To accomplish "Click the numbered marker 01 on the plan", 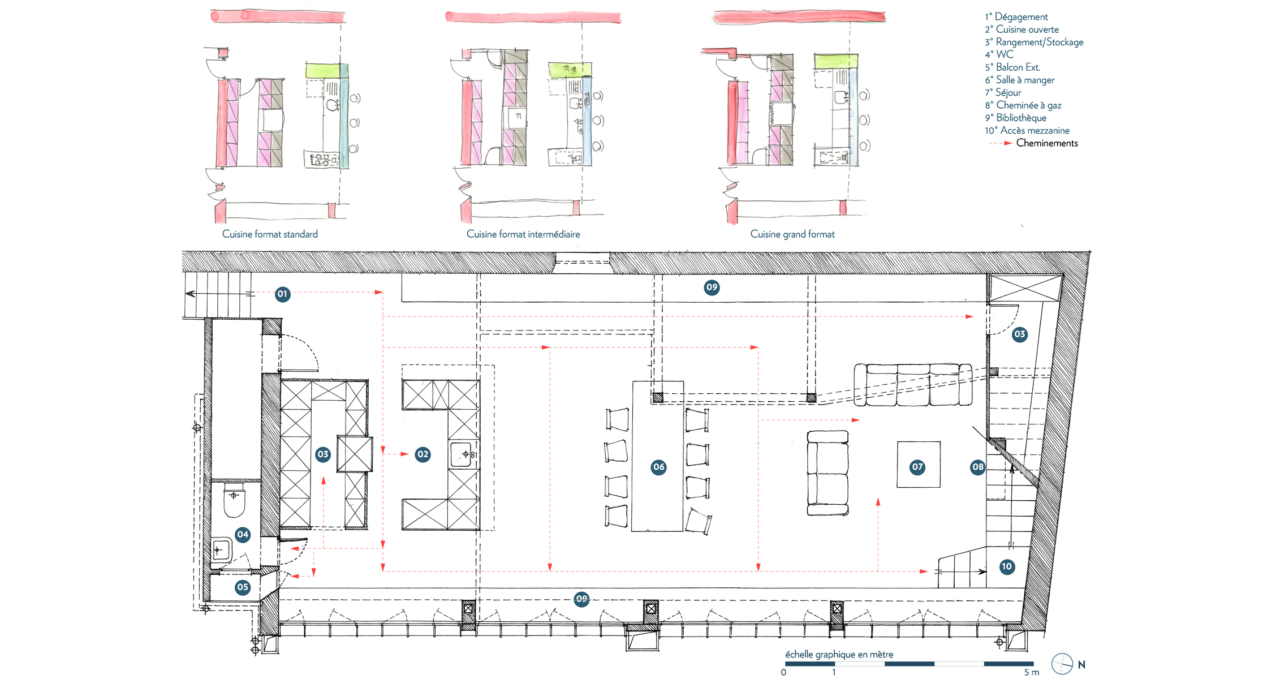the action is [282, 294].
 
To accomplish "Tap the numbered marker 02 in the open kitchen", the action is [423, 454].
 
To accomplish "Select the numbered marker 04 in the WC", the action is [243, 535].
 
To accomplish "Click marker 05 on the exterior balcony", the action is [243, 587].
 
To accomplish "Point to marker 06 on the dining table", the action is [658, 467].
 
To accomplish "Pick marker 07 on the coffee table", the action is [917, 467].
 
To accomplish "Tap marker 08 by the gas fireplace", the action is [978, 467].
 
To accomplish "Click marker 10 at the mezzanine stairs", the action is [1007, 567].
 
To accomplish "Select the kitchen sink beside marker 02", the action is [462, 454].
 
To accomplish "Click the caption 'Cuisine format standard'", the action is [270, 234].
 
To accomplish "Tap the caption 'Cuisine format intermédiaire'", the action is [523, 234].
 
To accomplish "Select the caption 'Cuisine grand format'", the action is [792, 234].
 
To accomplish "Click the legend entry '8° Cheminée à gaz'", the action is [1023, 105].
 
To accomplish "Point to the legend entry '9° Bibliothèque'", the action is [1016, 118].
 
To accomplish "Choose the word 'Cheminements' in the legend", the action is [1047, 143].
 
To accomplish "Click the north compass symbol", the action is [1062, 664].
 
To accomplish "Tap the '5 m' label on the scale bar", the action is [1032, 672].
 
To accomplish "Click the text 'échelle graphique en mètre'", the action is [839, 655].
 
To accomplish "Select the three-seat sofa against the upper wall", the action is [913, 385].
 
